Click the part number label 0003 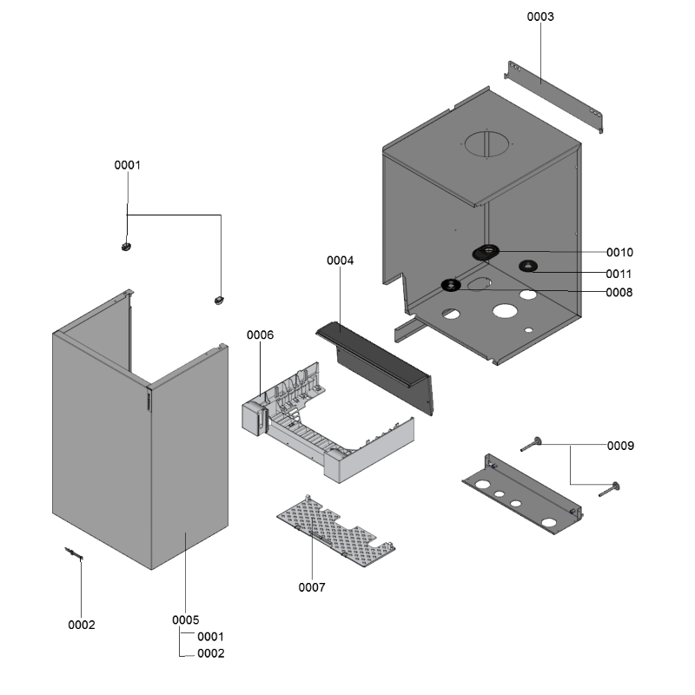coord(540,17)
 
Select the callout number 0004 coord(341,261)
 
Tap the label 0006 coord(261,335)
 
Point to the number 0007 coord(312,587)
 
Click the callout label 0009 coord(620,446)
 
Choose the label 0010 coord(620,253)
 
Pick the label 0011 coord(620,274)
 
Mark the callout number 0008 coord(620,293)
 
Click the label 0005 coord(186,620)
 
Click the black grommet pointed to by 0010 coord(486,253)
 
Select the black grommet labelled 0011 coord(527,266)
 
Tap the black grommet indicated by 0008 coord(451,285)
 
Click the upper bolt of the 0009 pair coord(531,445)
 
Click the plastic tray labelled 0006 coord(321,426)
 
